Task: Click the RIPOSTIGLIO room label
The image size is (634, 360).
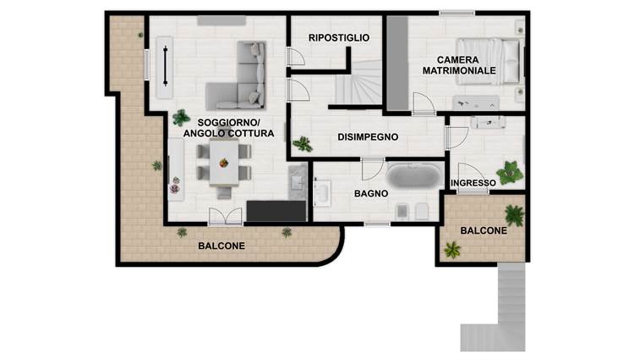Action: (339, 37)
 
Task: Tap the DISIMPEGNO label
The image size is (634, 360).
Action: (368, 137)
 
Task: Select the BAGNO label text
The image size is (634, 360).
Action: (371, 194)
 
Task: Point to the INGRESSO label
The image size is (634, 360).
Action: (473, 183)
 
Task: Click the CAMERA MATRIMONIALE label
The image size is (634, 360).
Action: (459, 65)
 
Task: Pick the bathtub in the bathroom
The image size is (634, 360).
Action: (414, 175)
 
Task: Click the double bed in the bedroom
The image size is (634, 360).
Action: (488, 61)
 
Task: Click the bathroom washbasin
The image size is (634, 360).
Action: (323, 193)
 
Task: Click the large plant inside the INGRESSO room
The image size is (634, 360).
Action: (510, 173)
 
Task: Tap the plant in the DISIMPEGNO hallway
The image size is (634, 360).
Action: (303, 144)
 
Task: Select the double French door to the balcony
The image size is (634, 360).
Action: (225, 216)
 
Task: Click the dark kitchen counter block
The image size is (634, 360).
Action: (276, 211)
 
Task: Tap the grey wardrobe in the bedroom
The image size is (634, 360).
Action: (397, 63)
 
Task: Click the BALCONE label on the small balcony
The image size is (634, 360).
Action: (484, 230)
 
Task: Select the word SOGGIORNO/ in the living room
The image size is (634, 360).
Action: (229, 123)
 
